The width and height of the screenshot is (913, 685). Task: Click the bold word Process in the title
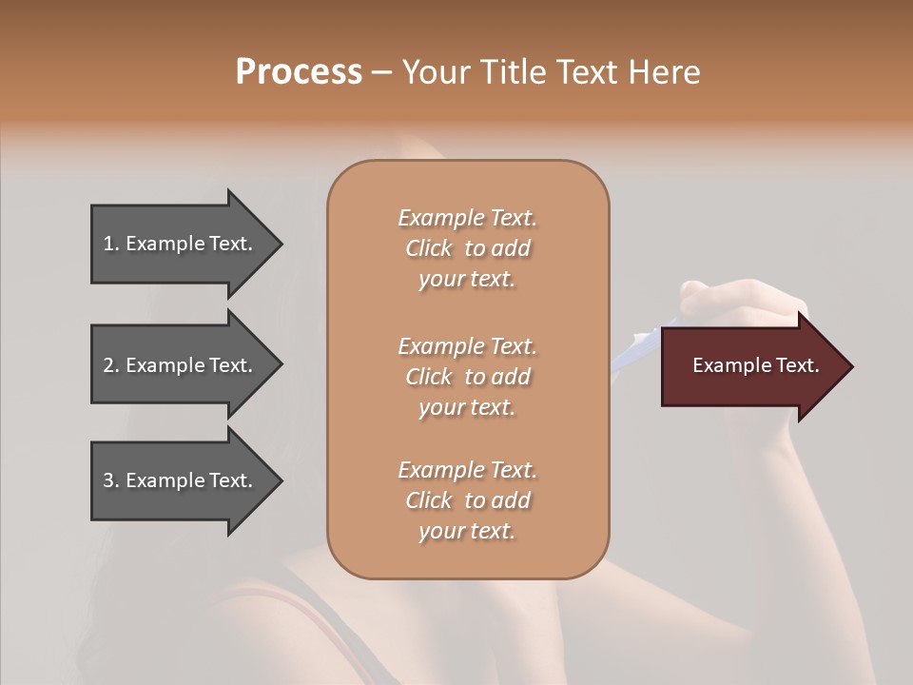coord(299,72)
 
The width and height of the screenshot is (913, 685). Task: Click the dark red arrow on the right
coord(751,366)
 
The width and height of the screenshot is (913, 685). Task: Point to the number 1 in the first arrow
coord(108,244)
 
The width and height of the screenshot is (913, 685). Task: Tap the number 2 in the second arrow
coord(108,365)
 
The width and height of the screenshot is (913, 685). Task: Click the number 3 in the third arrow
coord(108,480)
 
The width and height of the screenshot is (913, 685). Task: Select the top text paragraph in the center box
coord(467,248)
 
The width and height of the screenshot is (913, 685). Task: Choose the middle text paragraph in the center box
coord(467,377)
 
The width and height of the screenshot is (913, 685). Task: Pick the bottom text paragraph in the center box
coord(467,500)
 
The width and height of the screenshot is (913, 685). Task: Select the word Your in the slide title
coord(437,72)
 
